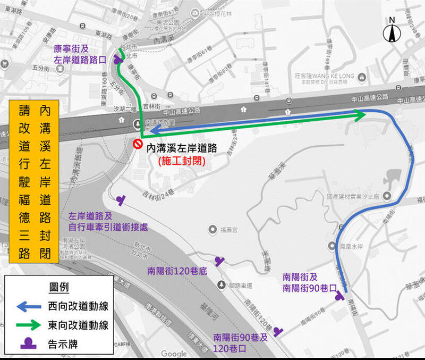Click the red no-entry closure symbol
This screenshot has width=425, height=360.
(137, 143)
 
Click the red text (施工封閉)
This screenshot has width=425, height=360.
(181, 158)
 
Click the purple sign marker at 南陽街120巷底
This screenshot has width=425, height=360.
(219, 261)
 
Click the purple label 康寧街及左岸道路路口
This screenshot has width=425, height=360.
(80, 54)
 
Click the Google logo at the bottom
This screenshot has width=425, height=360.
(174, 354)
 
